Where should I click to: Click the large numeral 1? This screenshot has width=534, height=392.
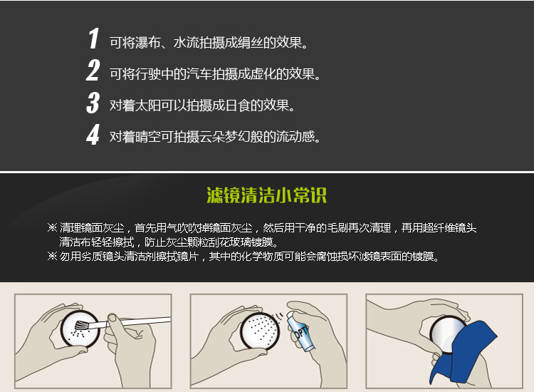tap(93, 38)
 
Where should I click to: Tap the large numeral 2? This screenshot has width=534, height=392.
tap(93, 71)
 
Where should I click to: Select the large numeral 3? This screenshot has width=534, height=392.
tap(93, 102)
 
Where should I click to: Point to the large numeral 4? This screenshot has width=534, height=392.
tap(93, 134)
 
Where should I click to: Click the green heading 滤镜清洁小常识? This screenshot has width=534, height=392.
tap(267, 195)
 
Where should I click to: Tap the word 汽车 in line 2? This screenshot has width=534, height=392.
tap(199, 74)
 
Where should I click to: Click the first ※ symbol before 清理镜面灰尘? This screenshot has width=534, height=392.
tap(52, 227)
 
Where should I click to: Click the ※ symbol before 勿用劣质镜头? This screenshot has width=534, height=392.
tap(52, 256)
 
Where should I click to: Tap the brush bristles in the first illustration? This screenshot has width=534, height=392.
tap(82, 325)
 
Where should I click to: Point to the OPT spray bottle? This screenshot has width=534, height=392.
tap(300, 331)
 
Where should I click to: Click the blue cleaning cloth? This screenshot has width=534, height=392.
tap(464, 354)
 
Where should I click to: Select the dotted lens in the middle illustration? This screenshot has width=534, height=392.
tap(260, 331)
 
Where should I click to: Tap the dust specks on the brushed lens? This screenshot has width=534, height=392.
tap(77, 334)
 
